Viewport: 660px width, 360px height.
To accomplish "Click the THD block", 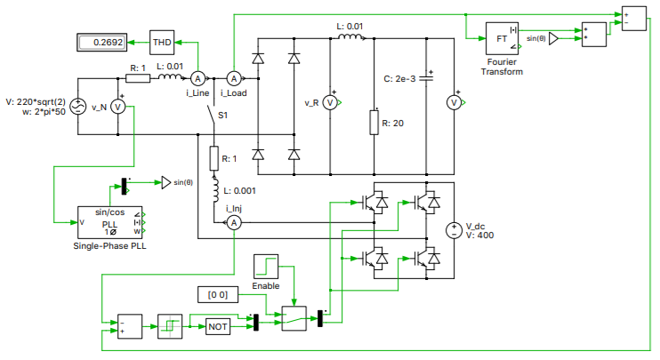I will [x=162, y=42].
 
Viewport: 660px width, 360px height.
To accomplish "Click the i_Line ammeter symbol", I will [x=200, y=79].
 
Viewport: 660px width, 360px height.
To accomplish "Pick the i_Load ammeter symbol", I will [x=234, y=79].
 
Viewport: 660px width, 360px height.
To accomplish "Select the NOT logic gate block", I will [x=218, y=326].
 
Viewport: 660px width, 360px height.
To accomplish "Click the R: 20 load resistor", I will [x=374, y=122].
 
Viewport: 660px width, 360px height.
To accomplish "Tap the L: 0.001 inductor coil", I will [x=213, y=188].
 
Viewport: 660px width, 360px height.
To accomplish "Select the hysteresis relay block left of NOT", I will [x=170, y=326].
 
